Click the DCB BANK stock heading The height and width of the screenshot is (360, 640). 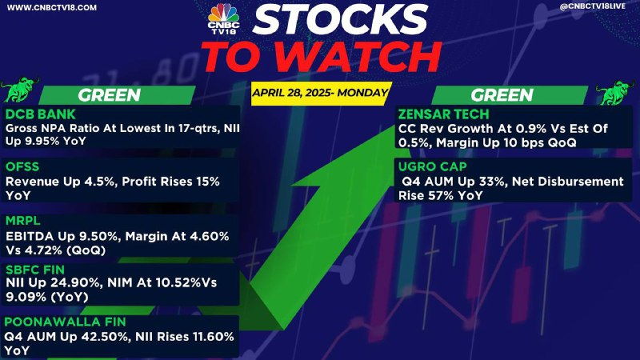click(41, 114)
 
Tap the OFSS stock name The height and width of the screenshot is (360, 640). click(22, 167)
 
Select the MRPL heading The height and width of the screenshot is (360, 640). click(23, 221)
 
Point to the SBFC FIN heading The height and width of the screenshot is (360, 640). click(35, 270)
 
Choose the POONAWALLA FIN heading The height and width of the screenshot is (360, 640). click(66, 322)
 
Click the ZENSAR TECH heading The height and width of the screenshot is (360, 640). click(444, 114)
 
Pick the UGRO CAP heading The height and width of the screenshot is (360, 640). click(433, 167)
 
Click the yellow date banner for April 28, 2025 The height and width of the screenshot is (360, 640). click(321, 94)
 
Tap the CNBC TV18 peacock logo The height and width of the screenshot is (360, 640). click(223, 18)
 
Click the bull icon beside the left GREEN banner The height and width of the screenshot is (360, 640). click(18, 89)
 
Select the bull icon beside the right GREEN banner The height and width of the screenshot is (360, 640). click(614, 92)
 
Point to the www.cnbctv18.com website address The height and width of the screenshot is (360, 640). click(52, 8)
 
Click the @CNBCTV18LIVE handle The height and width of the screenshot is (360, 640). click(593, 6)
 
